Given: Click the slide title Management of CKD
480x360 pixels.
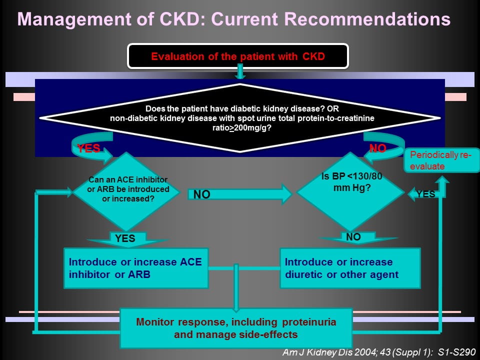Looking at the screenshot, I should (233, 19).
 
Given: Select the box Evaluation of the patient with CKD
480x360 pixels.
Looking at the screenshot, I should (237, 56).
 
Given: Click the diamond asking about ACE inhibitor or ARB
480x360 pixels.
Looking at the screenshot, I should (127, 189).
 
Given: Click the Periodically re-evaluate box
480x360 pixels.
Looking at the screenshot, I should (441, 160).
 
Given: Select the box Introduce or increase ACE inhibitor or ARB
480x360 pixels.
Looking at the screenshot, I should (136, 268).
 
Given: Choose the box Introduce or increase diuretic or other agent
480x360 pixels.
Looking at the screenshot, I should (350, 268).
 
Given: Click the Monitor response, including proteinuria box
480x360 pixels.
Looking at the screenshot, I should (236, 328).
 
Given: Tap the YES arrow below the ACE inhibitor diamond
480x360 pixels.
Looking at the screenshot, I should (125, 239).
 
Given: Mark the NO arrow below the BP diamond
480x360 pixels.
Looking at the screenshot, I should (353, 237).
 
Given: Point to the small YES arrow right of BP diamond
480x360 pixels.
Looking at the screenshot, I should (422, 194).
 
